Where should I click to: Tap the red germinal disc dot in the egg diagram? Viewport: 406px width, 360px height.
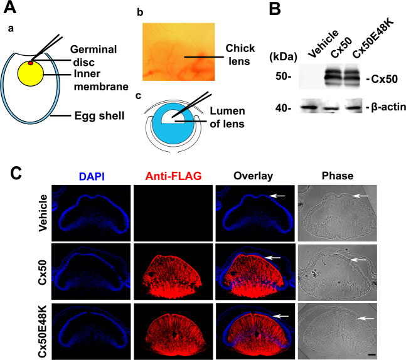[30, 63]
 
